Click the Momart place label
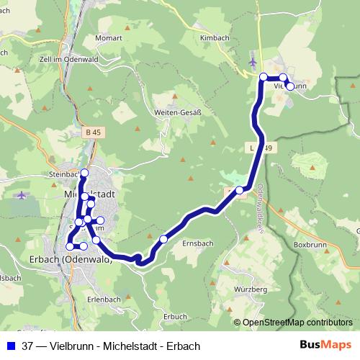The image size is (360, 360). (109, 37)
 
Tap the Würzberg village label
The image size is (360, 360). (251, 289)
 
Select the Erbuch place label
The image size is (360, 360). (174, 316)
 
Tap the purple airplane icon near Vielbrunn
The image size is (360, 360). (252, 62)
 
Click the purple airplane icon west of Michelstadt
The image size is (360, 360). (22, 195)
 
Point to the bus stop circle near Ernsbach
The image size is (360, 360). (163, 239)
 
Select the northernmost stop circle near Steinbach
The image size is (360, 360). (84, 173)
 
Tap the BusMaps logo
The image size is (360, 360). (325, 346)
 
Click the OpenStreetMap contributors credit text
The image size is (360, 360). (297, 323)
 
